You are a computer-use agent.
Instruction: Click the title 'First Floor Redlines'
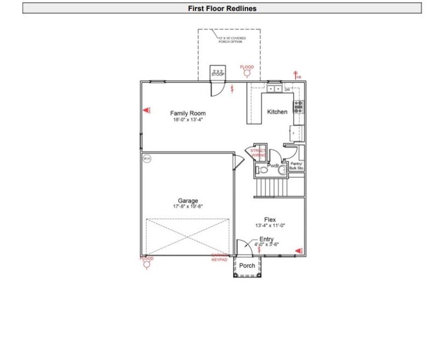(x=221, y=8)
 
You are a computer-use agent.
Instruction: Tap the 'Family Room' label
(x=188, y=113)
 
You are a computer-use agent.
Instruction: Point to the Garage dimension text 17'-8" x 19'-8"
(x=188, y=207)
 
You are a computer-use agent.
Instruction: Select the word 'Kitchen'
(x=277, y=112)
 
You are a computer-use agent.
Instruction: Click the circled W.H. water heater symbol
(x=147, y=159)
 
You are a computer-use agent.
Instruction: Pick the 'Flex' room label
(x=270, y=219)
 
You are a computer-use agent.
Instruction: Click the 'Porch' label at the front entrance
(x=247, y=266)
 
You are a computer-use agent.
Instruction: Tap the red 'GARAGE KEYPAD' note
(x=219, y=258)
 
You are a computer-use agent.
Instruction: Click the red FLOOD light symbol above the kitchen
(x=247, y=70)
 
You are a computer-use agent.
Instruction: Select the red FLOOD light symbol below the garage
(x=147, y=262)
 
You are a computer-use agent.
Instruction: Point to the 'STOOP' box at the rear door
(x=218, y=73)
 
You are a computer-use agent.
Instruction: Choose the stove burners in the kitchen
(x=299, y=107)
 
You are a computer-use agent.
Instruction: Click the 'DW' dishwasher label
(x=287, y=89)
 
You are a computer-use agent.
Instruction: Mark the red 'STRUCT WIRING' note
(x=258, y=153)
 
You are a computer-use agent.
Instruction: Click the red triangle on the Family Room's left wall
(x=147, y=111)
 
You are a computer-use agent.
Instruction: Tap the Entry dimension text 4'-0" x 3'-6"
(x=266, y=244)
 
